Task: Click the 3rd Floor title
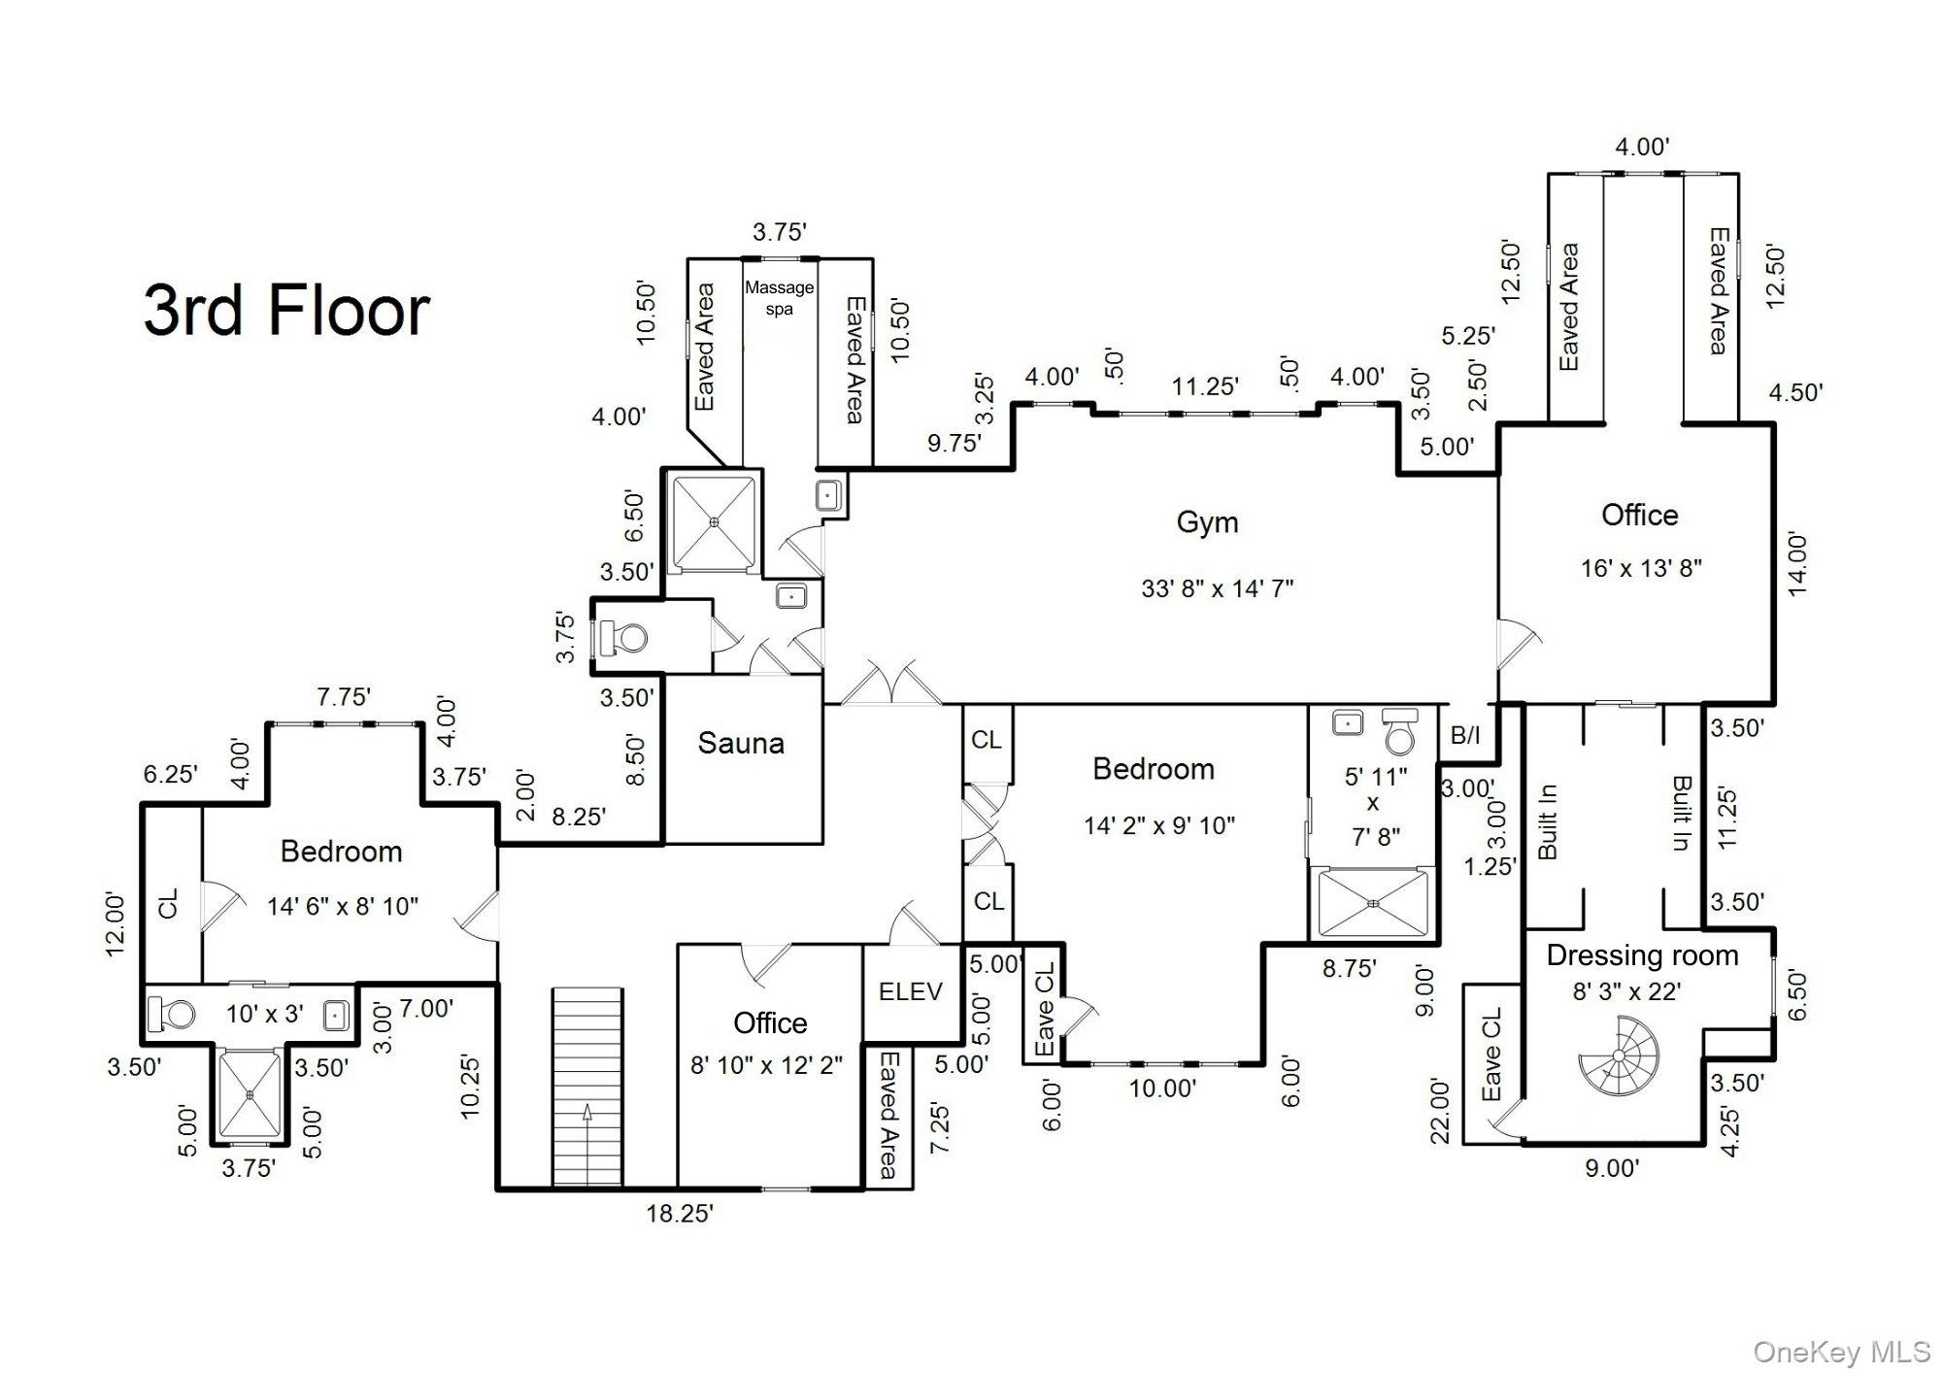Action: click(x=286, y=311)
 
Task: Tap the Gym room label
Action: click(x=1207, y=522)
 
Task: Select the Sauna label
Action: click(x=741, y=744)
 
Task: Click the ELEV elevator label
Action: click(x=911, y=991)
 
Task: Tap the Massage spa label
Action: click(x=779, y=298)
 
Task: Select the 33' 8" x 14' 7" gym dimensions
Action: click(x=1218, y=588)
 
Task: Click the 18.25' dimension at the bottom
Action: click(x=680, y=1214)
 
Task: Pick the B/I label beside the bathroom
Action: click(x=1465, y=736)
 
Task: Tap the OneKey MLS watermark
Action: click(x=1842, y=1352)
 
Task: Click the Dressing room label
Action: click(x=1642, y=955)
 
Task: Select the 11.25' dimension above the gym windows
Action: click(x=1204, y=386)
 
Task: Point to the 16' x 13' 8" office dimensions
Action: click(x=1641, y=569)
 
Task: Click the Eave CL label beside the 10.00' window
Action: click(x=1045, y=1010)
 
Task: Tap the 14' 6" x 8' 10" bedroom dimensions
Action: click(x=343, y=907)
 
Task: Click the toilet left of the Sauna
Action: click(x=625, y=638)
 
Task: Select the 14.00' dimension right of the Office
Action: click(x=1797, y=563)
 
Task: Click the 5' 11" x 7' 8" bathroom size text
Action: click(x=1374, y=805)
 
